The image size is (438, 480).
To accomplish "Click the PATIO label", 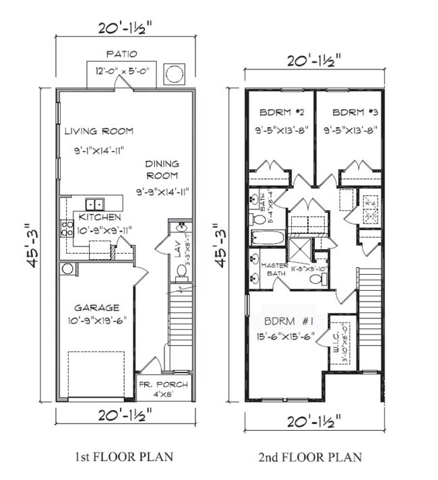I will [122, 53].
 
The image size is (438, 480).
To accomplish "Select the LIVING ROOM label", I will [98, 131].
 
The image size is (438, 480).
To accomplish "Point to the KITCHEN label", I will [99, 217].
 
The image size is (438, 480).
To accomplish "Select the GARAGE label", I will [98, 307].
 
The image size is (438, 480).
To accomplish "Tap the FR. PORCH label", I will [164, 385].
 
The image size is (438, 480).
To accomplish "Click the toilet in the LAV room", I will [180, 271].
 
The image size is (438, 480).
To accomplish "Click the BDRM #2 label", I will [278, 112].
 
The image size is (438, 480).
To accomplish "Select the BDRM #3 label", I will [350, 112].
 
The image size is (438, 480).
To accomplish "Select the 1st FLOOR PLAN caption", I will [122, 457].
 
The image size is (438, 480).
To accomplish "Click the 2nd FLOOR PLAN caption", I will [310, 457].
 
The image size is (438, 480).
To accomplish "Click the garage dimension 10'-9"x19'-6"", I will [98, 321].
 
